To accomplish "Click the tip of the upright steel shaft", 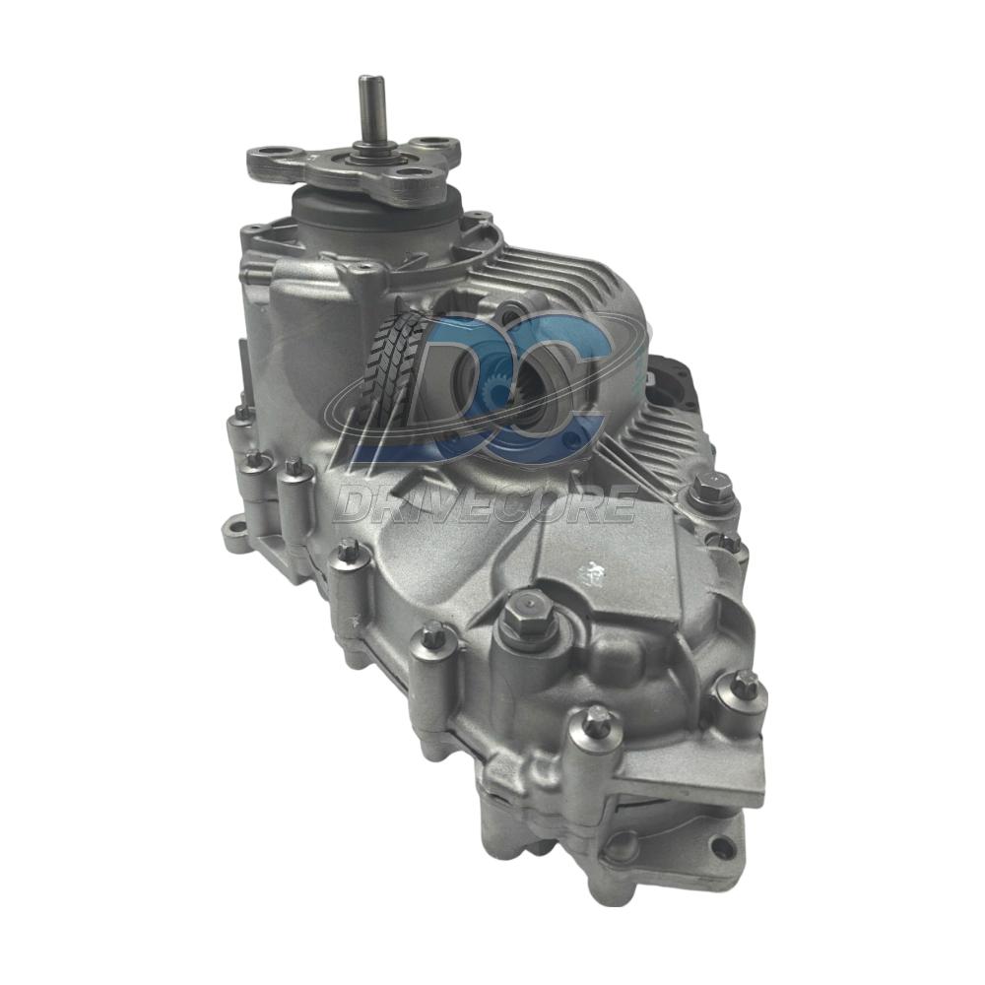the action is [x=366, y=78].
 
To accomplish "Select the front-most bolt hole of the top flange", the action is [x=412, y=174].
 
